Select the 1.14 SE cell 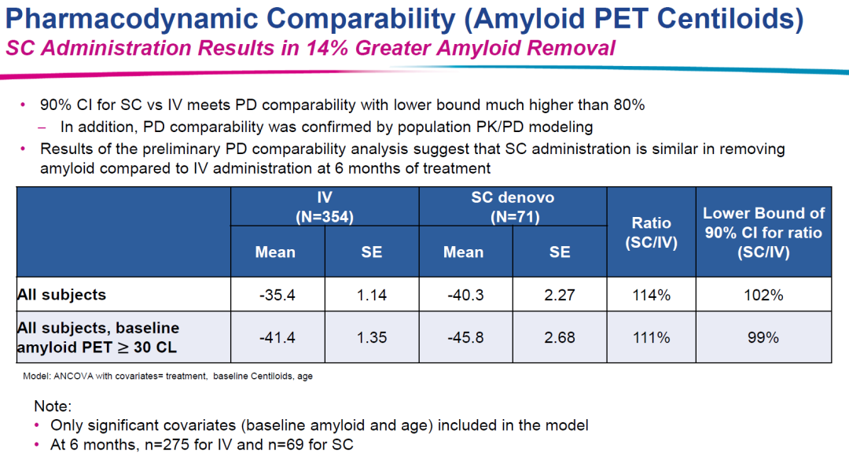[370, 296]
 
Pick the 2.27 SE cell [559, 296]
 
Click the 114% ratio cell [652, 296]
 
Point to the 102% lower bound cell [763, 296]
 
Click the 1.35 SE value [370, 337]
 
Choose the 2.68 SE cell [559, 337]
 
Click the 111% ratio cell [652, 337]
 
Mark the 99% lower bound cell [763, 337]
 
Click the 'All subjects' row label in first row [61, 296]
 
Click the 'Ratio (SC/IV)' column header [652, 233]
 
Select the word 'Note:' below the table [53, 407]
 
